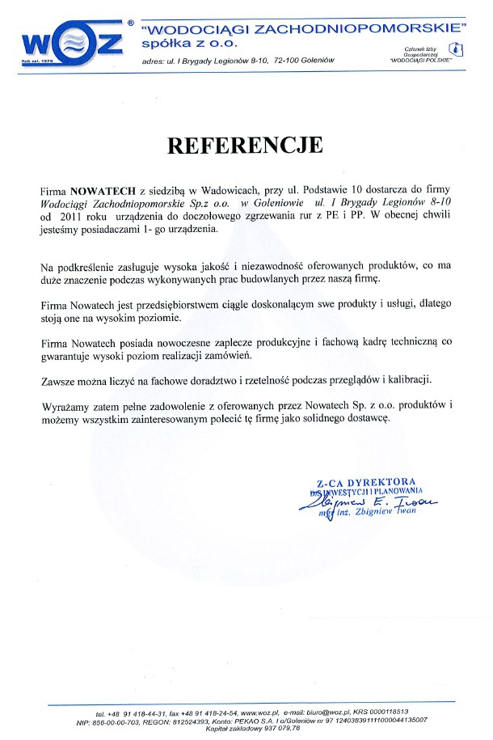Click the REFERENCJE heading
(x=244, y=145)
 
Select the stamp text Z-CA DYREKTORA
(x=375, y=481)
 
